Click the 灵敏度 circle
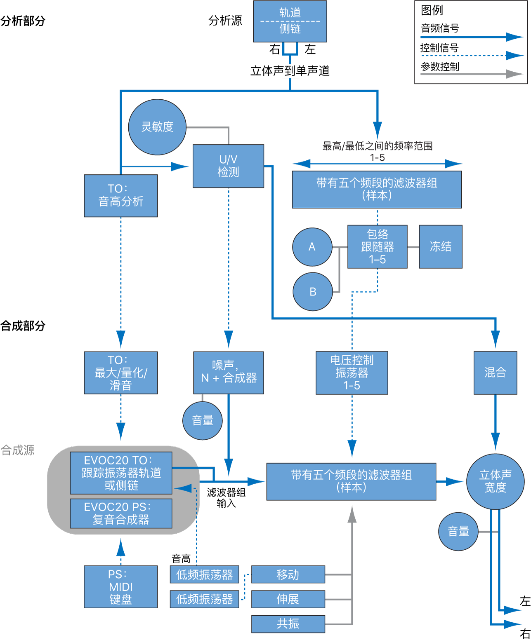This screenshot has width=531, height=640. pos(157,127)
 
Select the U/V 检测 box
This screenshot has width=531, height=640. pos(228,166)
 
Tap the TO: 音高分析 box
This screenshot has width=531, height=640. pos(121,196)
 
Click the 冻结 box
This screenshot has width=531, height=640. pos(440,246)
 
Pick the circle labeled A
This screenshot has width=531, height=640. pos(312,247)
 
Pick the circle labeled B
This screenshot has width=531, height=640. pos(313,292)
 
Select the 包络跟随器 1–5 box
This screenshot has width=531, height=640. pos(377,246)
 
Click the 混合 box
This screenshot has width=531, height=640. pos(495,373)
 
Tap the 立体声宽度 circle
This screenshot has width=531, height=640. pos(495,481)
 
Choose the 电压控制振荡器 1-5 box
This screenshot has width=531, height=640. pos(352,373)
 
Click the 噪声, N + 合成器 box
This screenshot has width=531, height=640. pos(228,373)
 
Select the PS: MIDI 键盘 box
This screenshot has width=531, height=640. pos(120,586)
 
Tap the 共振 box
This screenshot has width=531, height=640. pos(288,624)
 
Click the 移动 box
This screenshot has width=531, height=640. pos(288,574)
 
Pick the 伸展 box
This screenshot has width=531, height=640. pos(288,599)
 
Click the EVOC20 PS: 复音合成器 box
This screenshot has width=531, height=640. pos(121,513)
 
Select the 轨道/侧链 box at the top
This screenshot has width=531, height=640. pos(290,21)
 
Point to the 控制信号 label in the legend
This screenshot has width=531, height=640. pos(439,48)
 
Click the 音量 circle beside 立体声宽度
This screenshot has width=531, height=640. pos(458,532)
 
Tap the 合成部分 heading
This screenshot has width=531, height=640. pos(23,326)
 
